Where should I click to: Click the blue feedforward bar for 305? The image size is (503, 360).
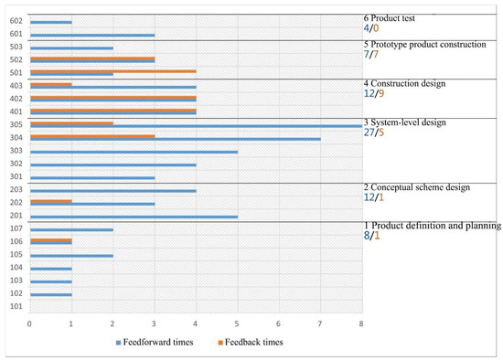click(196, 126)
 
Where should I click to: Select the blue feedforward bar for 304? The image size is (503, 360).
click(175, 139)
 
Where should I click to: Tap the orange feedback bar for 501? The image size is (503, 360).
click(112, 70)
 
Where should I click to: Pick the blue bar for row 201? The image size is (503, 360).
click(134, 216)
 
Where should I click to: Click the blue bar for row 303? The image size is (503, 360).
click(134, 152)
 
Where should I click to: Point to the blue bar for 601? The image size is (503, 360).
click(91, 35)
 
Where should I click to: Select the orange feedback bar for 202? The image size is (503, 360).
click(50, 200)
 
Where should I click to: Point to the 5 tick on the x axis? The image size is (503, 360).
click(237, 323)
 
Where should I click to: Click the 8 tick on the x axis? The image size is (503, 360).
click(361, 323)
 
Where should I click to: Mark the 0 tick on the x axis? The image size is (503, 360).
click(30, 323)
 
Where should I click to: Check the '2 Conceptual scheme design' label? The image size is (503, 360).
click(417, 187)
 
